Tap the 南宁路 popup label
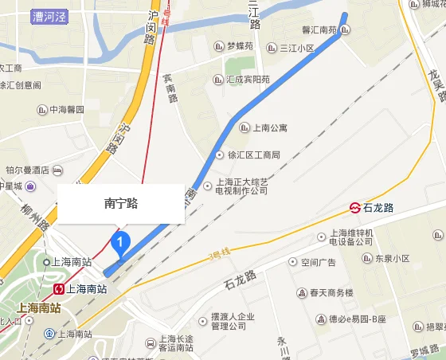(121, 203)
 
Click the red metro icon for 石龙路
(354, 208)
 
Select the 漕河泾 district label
(49, 14)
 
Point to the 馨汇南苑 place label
(322, 31)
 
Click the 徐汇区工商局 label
(252, 155)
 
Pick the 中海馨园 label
(66, 109)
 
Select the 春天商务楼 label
(331, 293)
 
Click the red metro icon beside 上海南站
(59, 288)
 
